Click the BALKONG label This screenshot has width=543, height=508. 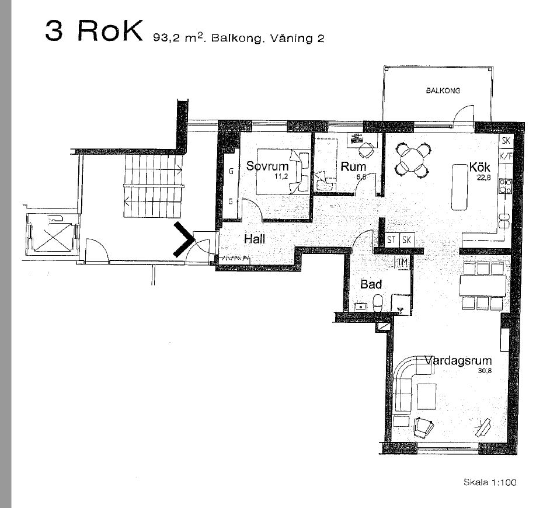tap(443, 91)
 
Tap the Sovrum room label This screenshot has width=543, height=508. tap(267, 166)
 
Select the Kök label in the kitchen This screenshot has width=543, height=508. tap(479, 167)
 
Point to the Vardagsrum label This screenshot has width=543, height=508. tap(458, 360)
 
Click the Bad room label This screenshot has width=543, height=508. tap(371, 284)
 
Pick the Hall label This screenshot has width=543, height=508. tap(255, 239)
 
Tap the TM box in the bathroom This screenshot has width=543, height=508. tap(402, 263)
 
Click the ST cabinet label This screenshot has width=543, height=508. tap(392, 239)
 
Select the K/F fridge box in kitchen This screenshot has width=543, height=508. tap(506, 156)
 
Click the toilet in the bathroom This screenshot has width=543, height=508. tap(377, 302)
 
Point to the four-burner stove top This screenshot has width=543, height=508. tap(506, 186)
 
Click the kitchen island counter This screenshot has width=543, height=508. tap(460, 187)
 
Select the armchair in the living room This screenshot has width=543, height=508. tap(423, 427)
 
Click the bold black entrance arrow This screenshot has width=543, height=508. tap(184, 239)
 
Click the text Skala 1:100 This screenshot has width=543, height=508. tap(490, 482)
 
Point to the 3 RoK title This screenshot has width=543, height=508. tap(93, 30)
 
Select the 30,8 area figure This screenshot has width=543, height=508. tap(485, 371)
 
